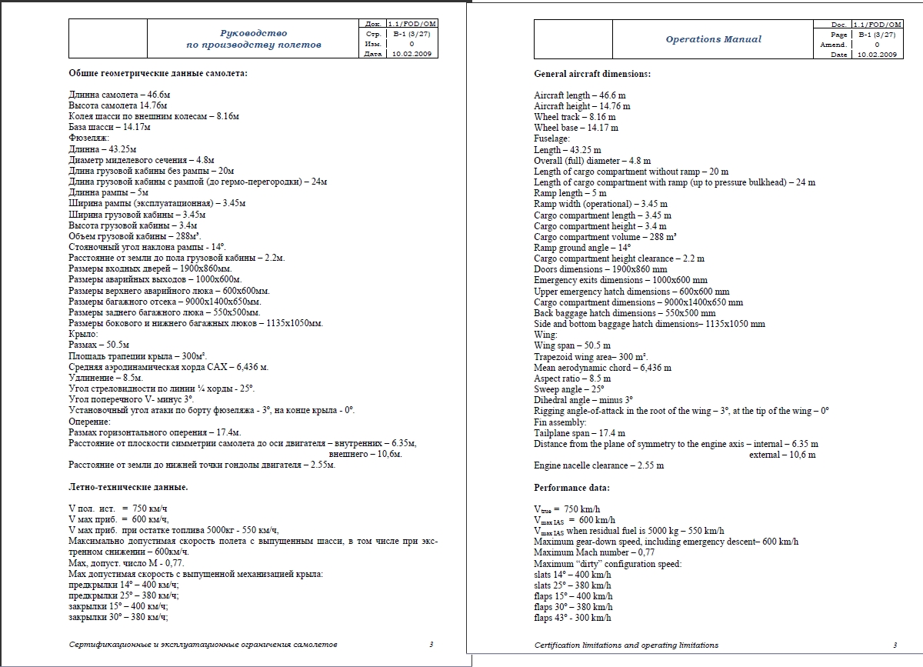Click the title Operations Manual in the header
[713, 39]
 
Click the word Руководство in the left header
[253, 33]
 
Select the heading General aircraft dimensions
[591, 74]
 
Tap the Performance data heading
[571, 488]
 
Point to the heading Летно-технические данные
[128, 487]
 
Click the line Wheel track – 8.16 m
[575, 117]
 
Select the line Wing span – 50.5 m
[572, 346]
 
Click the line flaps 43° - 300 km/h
[573, 618]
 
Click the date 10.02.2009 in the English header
[876, 55]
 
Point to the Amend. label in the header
[833, 45]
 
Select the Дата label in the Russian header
[373, 55]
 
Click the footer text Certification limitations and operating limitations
[626, 645]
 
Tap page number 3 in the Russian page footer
[432, 645]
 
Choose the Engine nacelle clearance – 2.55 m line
[598, 465]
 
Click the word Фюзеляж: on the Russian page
[89, 138]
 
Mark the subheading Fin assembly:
[560, 422]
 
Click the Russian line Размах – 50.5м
[98, 345]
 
